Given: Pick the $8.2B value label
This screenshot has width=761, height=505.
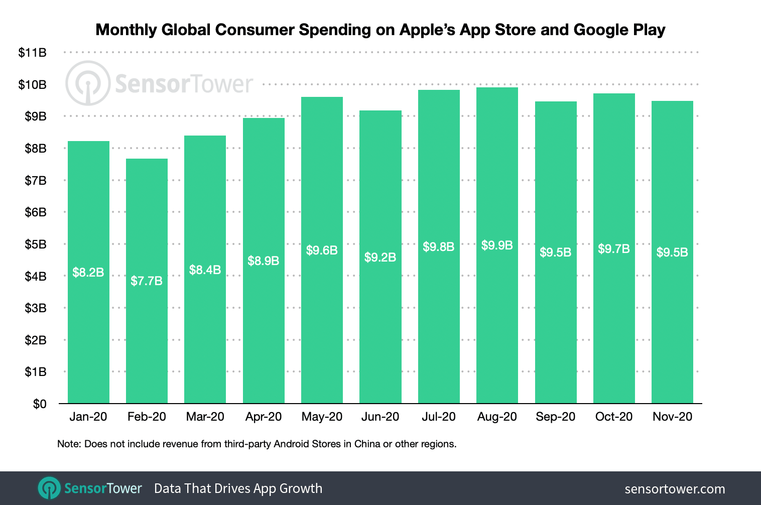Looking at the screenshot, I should coord(88,273).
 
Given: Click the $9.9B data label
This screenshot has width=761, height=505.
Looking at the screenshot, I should coord(497,245).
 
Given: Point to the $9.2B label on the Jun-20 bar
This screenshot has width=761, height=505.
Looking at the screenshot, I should coord(380,258).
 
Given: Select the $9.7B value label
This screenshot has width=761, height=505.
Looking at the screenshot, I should coord(613,249).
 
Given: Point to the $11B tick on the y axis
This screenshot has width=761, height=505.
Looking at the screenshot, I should coord(33,53).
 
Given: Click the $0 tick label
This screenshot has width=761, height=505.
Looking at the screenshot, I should coord(40,404).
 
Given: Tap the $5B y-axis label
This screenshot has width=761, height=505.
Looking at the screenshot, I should coord(36,244).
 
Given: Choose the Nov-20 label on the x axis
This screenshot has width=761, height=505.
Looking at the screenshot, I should coord(672,417).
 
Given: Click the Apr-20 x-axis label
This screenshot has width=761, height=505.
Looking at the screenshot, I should coord(264,417).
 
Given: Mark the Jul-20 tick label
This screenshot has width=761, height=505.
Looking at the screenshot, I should coord(439,417).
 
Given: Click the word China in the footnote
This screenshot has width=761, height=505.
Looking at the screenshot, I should coord(367,444).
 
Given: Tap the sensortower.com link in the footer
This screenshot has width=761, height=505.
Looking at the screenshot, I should coord(675,489).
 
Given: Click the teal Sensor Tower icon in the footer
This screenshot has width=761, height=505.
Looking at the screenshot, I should coord(49,488).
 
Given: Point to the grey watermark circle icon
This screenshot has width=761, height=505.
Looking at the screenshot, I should coord(88,83).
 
